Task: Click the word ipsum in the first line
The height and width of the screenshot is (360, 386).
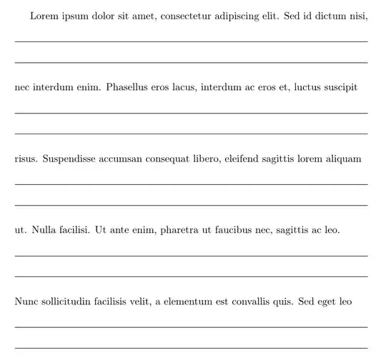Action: (x=75, y=16)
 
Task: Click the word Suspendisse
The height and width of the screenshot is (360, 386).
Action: (x=74, y=159)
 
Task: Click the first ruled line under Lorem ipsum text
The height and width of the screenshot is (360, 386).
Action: (x=191, y=42)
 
